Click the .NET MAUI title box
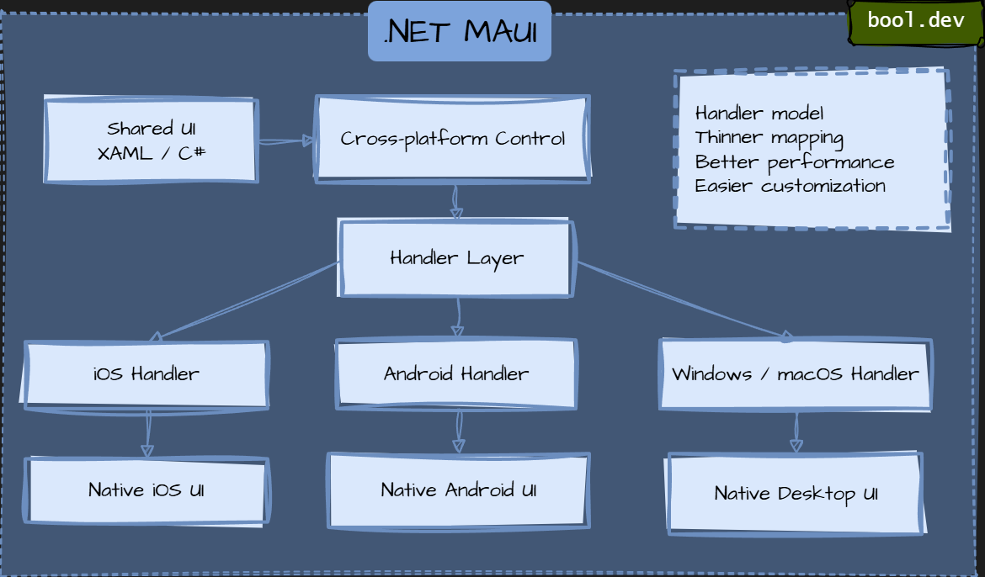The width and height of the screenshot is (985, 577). (460, 32)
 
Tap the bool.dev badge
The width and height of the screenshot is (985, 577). (915, 21)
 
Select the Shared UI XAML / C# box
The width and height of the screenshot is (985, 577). (152, 140)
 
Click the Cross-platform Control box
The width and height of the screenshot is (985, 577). (453, 139)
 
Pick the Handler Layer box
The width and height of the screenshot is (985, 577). (456, 258)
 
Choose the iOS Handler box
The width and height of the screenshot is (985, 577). (146, 374)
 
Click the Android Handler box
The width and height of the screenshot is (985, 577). (456, 374)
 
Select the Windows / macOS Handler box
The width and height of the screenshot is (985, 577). (796, 374)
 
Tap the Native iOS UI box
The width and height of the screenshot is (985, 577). (146, 490)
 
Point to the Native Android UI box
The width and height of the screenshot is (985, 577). (458, 490)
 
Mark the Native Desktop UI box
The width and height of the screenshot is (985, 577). (796, 494)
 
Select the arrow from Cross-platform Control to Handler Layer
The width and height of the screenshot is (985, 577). (455, 202)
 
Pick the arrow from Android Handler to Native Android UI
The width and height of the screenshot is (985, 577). (459, 431)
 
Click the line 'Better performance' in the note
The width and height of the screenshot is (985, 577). (795, 162)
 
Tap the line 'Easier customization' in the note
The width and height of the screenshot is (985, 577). (790, 186)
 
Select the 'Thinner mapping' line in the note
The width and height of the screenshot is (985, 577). (769, 138)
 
